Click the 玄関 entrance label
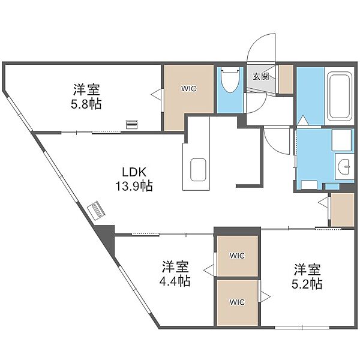pyautogui.click(x=261, y=76)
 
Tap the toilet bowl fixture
pyautogui.click(x=230, y=80)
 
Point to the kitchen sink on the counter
pyautogui.click(x=198, y=169)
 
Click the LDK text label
pyautogui.click(x=134, y=172)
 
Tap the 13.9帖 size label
pyautogui.click(x=134, y=186)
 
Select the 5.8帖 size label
pyautogui.click(x=86, y=104)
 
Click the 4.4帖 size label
pyautogui.click(x=175, y=281)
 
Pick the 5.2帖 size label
pyautogui.click(x=307, y=284)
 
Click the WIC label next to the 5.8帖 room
pyautogui.click(x=189, y=89)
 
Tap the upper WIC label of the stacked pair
pyautogui.click(x=237, y=256)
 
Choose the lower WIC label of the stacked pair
pyautogui.click(x=237, y=302)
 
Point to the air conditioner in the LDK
pyautogui.click(x=97, y=211)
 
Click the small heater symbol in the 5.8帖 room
pyautogui.click(x=132, y=124)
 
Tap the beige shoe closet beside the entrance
pyautogui.click(x=286, y=79)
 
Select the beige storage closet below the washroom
pyautogui.click(x=343, y=209)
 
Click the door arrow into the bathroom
pyautogui.click(x=302, y=120)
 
